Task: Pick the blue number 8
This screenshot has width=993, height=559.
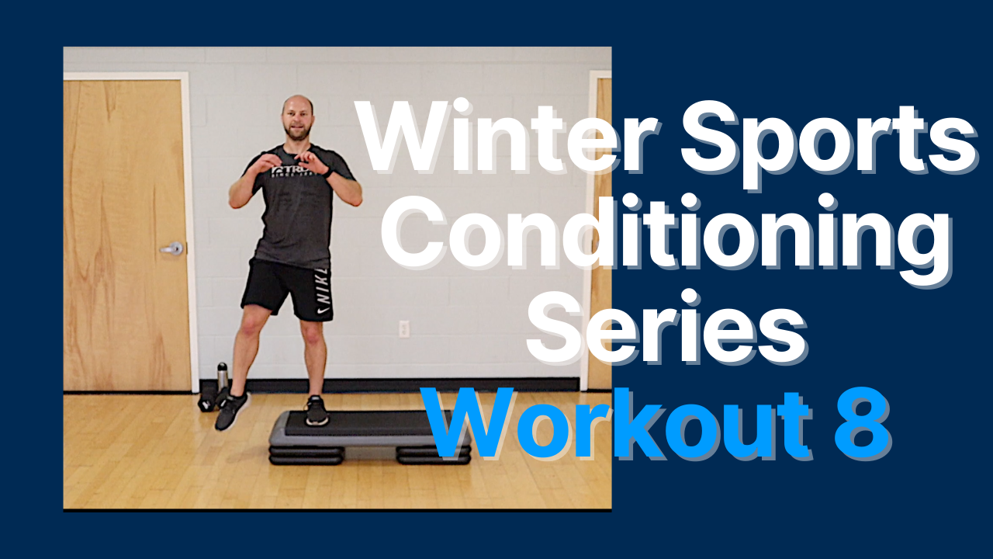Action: coord(863,423)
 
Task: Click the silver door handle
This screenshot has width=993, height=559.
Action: coord(171,248)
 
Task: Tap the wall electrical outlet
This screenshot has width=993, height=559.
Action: coord(403,329)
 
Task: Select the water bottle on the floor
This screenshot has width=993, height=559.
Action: coord(223,377)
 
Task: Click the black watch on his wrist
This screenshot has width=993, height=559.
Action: coord(330,172)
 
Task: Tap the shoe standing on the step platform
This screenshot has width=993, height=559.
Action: coord(315,411)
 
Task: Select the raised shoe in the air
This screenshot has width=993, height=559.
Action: coord(230,411)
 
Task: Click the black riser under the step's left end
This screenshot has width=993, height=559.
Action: coord(306,455)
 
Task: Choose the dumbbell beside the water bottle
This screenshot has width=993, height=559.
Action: coord(207,403)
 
